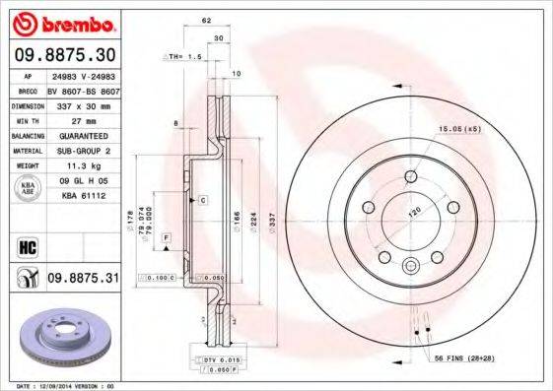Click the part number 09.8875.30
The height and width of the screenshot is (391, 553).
tap(64, 55)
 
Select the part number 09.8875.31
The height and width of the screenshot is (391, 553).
tap(83, 280)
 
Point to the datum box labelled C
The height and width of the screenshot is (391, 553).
tap(201, 200)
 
